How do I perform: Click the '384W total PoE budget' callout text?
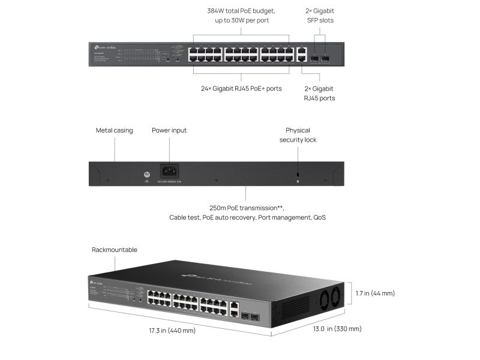tap(241, 10)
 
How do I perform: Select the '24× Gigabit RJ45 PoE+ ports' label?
tap(241, 88)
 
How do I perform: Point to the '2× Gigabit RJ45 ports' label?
tap(319, 93)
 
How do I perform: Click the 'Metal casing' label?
tap(114, 130)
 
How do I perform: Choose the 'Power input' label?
tap(169, 130)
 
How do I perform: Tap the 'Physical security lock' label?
tap(298, 135)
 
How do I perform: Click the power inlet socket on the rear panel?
tap(169, 171)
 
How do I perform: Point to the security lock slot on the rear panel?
tap(298, 175)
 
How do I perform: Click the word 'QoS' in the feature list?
tap(320, 217)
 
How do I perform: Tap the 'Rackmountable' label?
tap(114, 250)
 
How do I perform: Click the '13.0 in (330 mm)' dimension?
tap(335, 329)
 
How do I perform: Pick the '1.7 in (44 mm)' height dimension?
tap(374, 293)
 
